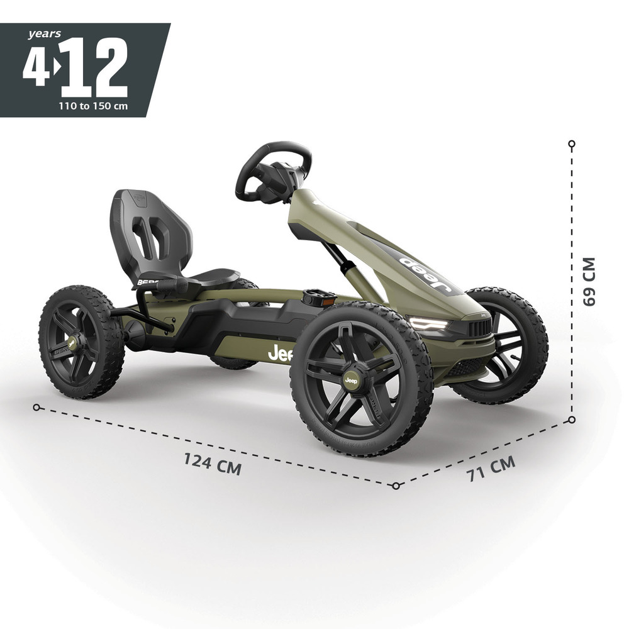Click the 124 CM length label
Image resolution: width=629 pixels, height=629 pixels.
pos(213,464)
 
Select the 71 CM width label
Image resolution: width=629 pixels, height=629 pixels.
pos(491,469)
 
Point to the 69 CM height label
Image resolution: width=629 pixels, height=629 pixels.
pos(589,281)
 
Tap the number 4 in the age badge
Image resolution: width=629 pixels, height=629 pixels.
pos(36,67)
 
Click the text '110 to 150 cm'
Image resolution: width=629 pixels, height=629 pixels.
pos(93,106)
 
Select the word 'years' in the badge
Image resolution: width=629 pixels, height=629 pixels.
pos(44,34)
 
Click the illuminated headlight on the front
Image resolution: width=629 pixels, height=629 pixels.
pos(430,325)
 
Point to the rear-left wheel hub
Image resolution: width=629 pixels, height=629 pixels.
pos(72,343)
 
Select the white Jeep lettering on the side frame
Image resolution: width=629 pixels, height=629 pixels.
pos(281,354)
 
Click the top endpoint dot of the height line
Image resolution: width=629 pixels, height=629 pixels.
pos(572,144)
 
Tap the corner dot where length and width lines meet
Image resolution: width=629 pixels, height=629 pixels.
pos(396,486)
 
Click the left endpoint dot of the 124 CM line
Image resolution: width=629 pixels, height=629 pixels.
pos(36,408)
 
